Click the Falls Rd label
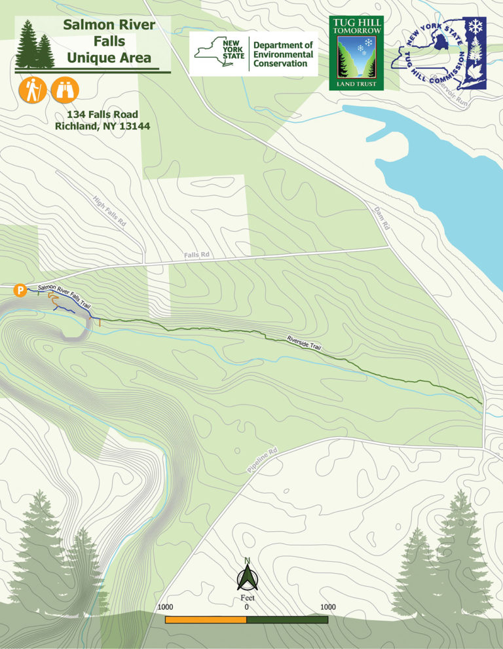pyautogui.click(x=196, y=254)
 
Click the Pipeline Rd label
pyautogui.click(x=263, y=460)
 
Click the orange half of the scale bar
pyautogui.click(x=206, y=620)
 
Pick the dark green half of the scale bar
pyautogui.click(x=287, y=620)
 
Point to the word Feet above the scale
pyautogui.click(x=247, y=598)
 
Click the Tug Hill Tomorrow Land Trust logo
pyautogui.click(x=356, y=52)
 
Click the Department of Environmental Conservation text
pyautogui.click(x=283, y=54)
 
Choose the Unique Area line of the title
pyautogui.click(x=109, y=58)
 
